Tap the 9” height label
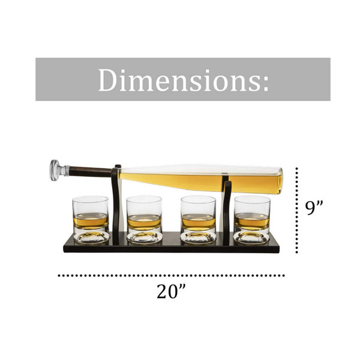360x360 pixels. pos(314,208)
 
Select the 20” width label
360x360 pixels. pos(171,291)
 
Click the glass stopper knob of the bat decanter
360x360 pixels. pos(55,170)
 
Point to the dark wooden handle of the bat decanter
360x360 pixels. pos(90,172)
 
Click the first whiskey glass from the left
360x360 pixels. pos(91,220)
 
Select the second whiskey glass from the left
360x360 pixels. pos(145,220)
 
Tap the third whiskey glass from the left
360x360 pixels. pos(198,220)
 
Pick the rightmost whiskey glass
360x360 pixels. pos(252,220)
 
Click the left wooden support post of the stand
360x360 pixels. pos(116,205)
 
